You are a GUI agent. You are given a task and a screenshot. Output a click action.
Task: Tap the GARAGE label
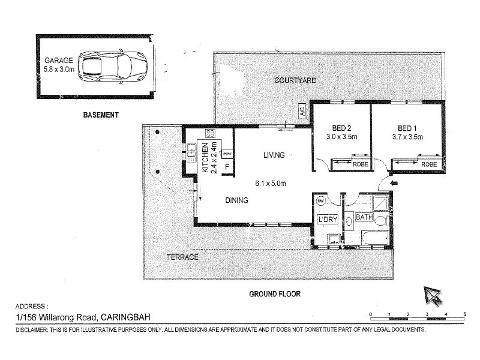point(58,61)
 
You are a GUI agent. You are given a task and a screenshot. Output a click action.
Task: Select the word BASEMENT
point(101,115)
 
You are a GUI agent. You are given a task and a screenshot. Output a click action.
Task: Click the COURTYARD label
point(295,80)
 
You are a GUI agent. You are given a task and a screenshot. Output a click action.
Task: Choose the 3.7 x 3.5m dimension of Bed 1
point(409,137)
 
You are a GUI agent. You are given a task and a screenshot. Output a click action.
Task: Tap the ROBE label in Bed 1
point(428,164)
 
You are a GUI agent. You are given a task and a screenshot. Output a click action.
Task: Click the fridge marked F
point(227,167)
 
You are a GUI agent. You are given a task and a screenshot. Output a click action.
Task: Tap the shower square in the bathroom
point(379,203)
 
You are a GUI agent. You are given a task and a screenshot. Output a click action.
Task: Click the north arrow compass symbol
point(432,295)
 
